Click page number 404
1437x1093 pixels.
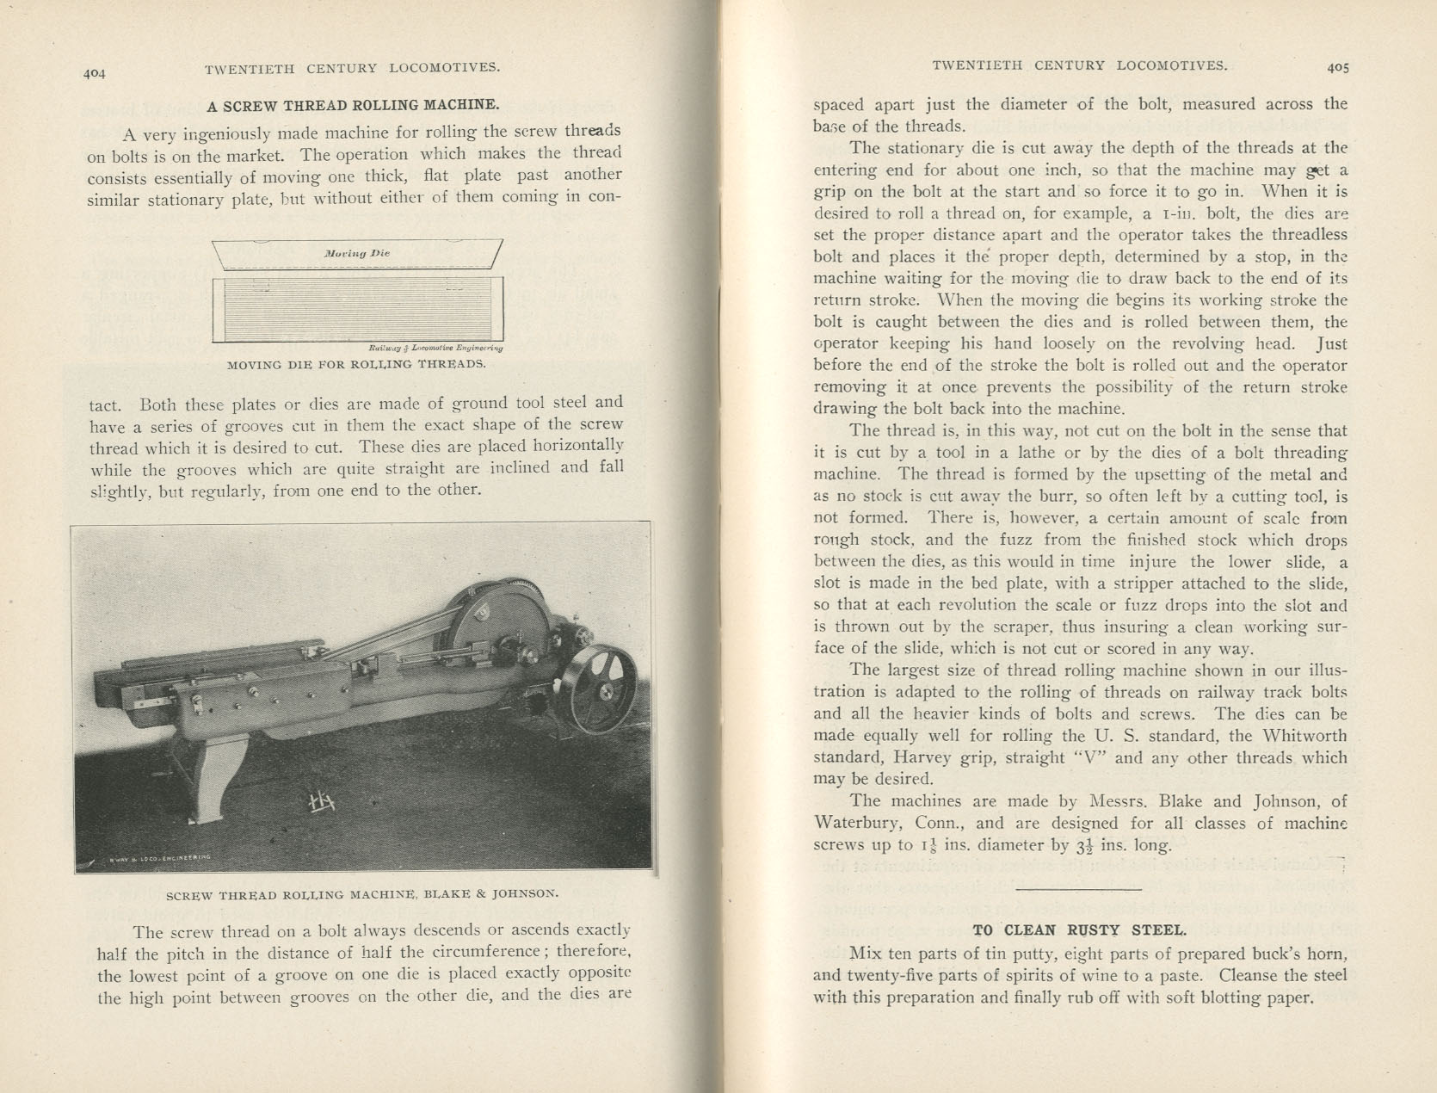pyautogui.click(x=94, y=74)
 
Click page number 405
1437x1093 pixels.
pyautogui.click(x=1337, y=65)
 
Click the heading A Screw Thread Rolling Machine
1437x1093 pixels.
pyautogui.click(x=353, y=105)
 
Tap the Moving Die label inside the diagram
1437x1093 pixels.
pyautogui.click(x=357, y=254)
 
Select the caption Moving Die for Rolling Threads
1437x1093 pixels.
pyautogui.click(x=356, y=363)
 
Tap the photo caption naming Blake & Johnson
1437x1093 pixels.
pyautogui.click(x=362, y=893)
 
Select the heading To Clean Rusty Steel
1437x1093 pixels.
pyautogui.click(x=1079, y=929)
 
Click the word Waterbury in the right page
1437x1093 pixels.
pyautogui.click(x=856, y=823)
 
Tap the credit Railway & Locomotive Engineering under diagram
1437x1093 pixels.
pyautogui.click(x=435, y=349)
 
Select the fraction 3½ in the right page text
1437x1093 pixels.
pyautogui.click(x=1086, y=845)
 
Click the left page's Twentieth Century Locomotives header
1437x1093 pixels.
pyautogui.click(x=353, y=68)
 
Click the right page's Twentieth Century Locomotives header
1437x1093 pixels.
pyautogui.click(x=1080, y=65)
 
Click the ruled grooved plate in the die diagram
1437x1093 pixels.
pyautogui.click(x=357, y=308)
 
